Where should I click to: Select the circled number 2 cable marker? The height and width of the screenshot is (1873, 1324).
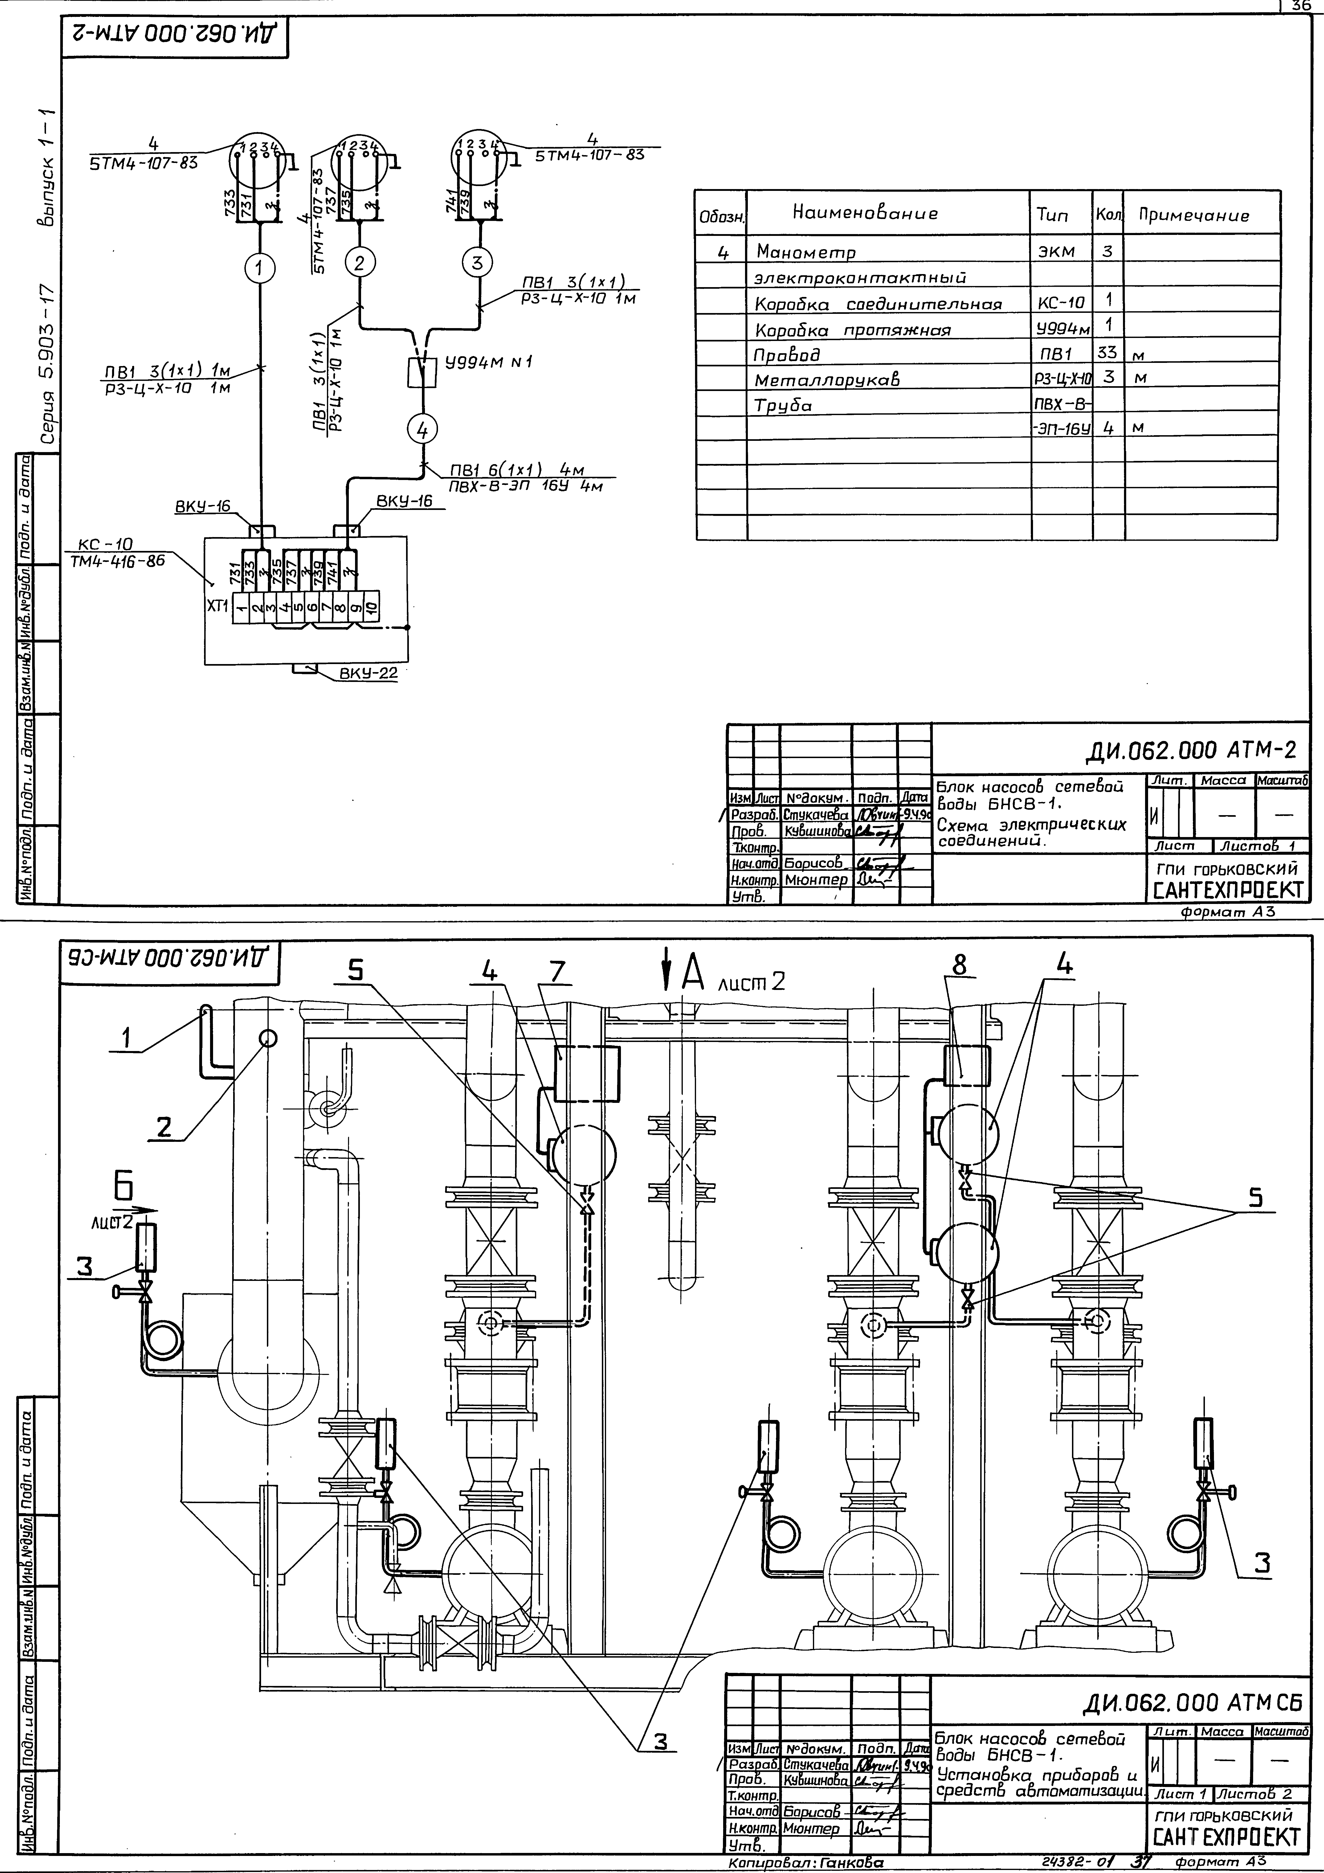coord(359,263)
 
